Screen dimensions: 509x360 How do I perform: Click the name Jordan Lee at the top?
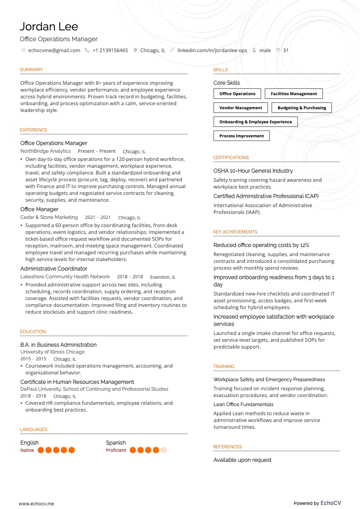(49, 26)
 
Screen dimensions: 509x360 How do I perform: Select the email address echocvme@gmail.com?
(54, 50)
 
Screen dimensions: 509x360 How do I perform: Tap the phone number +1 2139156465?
(110, 50)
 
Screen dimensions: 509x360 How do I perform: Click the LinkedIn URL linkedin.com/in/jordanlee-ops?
(212, 50)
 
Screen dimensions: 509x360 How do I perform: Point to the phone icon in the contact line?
(87, 50)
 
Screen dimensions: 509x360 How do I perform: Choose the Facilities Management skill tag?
(294, 94)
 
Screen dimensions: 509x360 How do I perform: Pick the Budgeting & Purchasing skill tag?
(302, 108)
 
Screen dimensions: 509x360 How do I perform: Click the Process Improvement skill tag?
(241, 136)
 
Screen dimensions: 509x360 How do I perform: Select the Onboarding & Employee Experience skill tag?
(255, 122)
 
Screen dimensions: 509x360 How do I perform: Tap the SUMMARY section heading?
(31, 70)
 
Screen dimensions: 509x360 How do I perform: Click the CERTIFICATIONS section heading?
(231, 158)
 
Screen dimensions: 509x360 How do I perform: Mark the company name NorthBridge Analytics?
(45, 151)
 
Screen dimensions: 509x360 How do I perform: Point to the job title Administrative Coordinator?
(54, 269)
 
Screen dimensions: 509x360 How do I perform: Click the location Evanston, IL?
(163, 277)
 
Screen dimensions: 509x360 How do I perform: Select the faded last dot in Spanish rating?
(164, 450)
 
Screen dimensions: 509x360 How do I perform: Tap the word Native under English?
(27, 451)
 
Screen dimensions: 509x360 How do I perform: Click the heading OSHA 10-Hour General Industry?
(253, 171)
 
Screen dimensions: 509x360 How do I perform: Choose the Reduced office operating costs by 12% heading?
(261, 245)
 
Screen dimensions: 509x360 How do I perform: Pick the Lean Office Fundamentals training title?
(243, 404)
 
